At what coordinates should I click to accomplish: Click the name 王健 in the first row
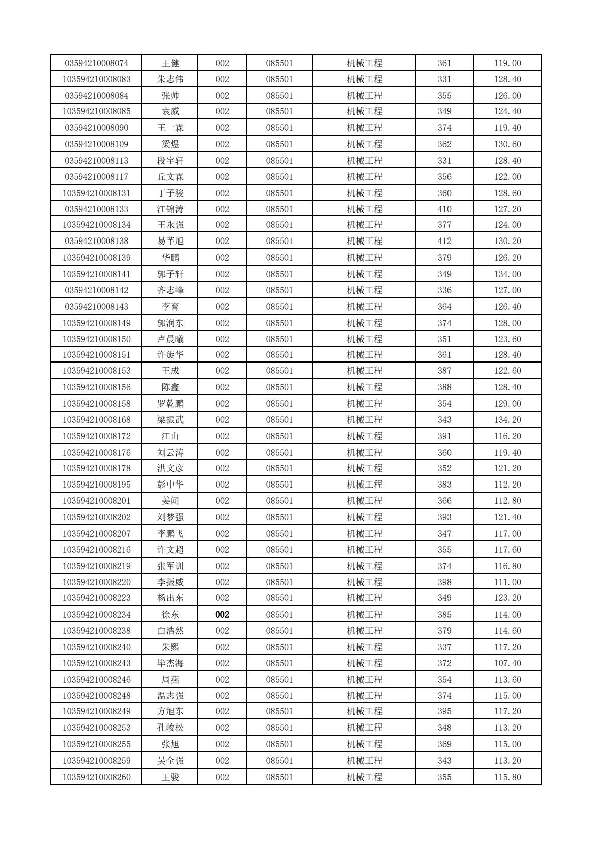point(170,63)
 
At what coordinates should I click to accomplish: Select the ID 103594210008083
point(97,79)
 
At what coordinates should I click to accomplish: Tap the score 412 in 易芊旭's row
point(444,241)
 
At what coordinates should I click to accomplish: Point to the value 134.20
point(507,420)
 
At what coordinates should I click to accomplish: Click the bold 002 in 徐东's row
point(222,615)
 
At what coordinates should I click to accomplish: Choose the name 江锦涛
point(170,209)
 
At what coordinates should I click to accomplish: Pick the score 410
point(444,209)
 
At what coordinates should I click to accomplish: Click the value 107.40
point(507,663)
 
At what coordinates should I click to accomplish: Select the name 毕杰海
point(170,663)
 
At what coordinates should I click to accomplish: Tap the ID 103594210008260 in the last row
point(97,777)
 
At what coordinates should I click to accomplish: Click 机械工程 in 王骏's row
point(365,777)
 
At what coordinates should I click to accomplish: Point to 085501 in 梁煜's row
point(279,144)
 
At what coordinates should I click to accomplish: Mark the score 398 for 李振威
point(444,582)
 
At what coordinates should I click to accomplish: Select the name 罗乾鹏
point(170,404)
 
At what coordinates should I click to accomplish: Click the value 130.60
point(507,144)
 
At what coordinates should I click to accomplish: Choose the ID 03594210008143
point(97,307)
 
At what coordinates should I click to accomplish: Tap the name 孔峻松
point(170,728)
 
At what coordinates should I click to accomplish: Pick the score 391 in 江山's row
point(444,436)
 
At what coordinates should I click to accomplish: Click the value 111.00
point(507,582)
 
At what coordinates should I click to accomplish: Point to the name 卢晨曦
point(170,339)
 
